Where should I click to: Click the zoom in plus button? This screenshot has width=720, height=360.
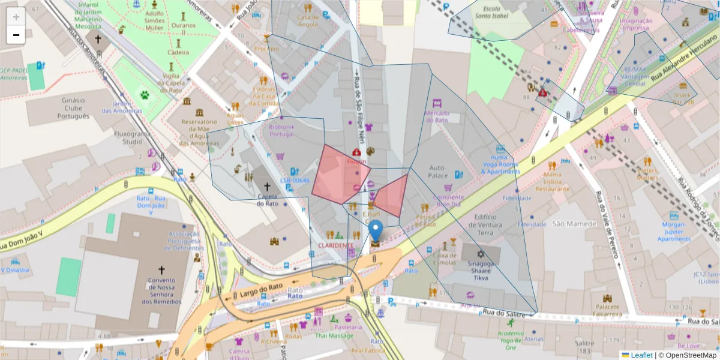tap(16, 16)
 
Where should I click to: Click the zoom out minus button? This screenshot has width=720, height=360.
tap(16, 35)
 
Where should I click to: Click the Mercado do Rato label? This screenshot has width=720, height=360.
tap(436, 116)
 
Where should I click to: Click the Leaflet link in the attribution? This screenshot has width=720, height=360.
tap(641, 355)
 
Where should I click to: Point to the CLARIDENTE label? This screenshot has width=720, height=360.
tap(335, 245)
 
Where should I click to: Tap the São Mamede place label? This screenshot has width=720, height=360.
tap(574, 224)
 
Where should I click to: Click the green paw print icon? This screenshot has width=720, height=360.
tap(145, 94)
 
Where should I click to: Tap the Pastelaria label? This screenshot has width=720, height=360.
tap(348, 327)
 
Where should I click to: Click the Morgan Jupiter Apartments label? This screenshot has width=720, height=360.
tap(674, 232)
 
